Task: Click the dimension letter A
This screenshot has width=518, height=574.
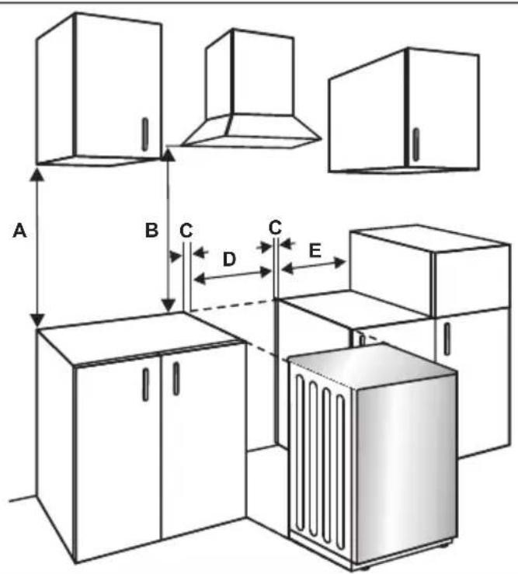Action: (x=19, y=231)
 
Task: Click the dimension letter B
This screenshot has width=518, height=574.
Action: (x=151, y=230)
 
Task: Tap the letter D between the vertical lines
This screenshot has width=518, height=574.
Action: (x=230, y=259)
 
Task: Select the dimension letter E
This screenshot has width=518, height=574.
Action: (x=315, y=251)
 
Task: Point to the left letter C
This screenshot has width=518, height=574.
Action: (x=186, y=231)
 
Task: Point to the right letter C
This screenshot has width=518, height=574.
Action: (x=275, y=228)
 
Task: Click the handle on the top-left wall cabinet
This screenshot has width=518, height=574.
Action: (x=145, y=134)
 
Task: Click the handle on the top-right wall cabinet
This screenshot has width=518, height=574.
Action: (x=415, y=144)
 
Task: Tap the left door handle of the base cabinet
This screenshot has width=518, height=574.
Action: (x=145, y=384)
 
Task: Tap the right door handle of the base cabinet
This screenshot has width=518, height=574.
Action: (x=176, y=378)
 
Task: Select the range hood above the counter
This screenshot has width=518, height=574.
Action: (x=252, y=89)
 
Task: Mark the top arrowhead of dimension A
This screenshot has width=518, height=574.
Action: (x=37, y=174)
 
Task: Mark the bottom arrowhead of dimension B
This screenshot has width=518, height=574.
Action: (x=169, y=304)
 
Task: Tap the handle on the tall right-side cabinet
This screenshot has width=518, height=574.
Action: (x=447, y=339)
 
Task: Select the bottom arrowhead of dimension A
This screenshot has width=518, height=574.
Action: (x=37, y=319)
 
